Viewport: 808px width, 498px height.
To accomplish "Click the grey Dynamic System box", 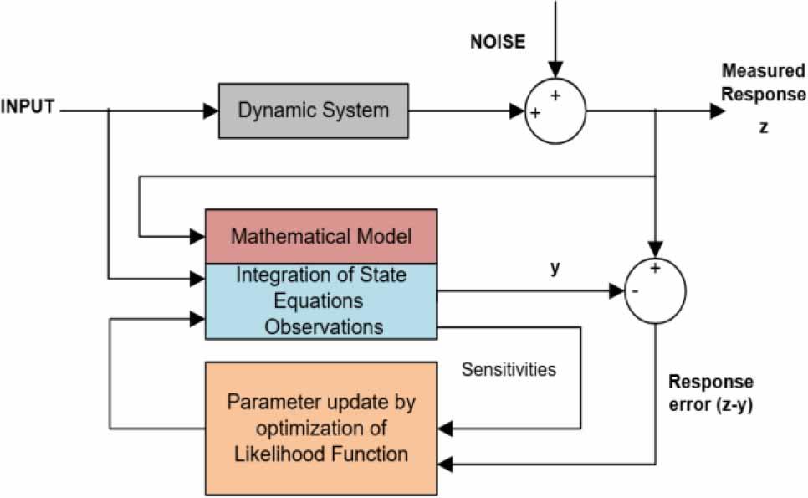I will tap(314, 110).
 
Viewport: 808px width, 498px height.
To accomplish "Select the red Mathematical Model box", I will tap(321, 236).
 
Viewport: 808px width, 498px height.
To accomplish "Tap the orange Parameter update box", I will tap(321, 428).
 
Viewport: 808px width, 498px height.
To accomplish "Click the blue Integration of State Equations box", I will tap(321, 300).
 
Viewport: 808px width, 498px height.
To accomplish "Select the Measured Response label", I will tap(763, 82).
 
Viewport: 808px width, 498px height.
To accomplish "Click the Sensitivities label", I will tap(509, 369).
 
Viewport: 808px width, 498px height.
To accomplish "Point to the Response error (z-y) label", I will tap(710, 393).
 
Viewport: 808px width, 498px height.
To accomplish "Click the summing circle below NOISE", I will tap(555, 110).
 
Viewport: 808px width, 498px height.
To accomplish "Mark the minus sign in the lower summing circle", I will tap(637, 292).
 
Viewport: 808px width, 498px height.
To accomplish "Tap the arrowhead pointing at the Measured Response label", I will tap(718, 110).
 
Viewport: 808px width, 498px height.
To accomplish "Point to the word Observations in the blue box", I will tap(324, 326).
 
